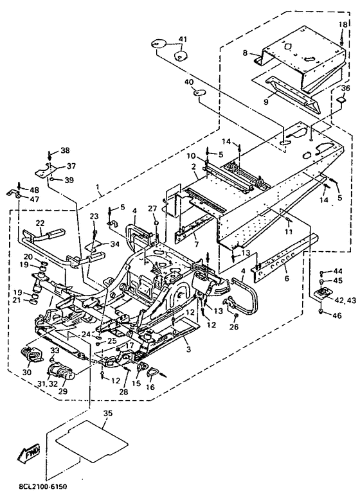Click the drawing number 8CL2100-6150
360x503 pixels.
click(x=41, y=487)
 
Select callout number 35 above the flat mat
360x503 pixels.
click(x=108, y=413)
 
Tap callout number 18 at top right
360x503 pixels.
click(x=343, y=24)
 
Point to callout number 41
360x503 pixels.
click(x=183, y=39)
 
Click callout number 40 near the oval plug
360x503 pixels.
click(x=189, y=82)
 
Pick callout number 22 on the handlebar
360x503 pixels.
click(x=40, y=224)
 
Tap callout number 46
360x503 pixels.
click(x=337, y=315)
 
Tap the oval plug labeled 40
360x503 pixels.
click(x=199, y=93)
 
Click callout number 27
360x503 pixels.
click(x=153, y=209)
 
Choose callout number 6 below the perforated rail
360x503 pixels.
click(x=287, y=278)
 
